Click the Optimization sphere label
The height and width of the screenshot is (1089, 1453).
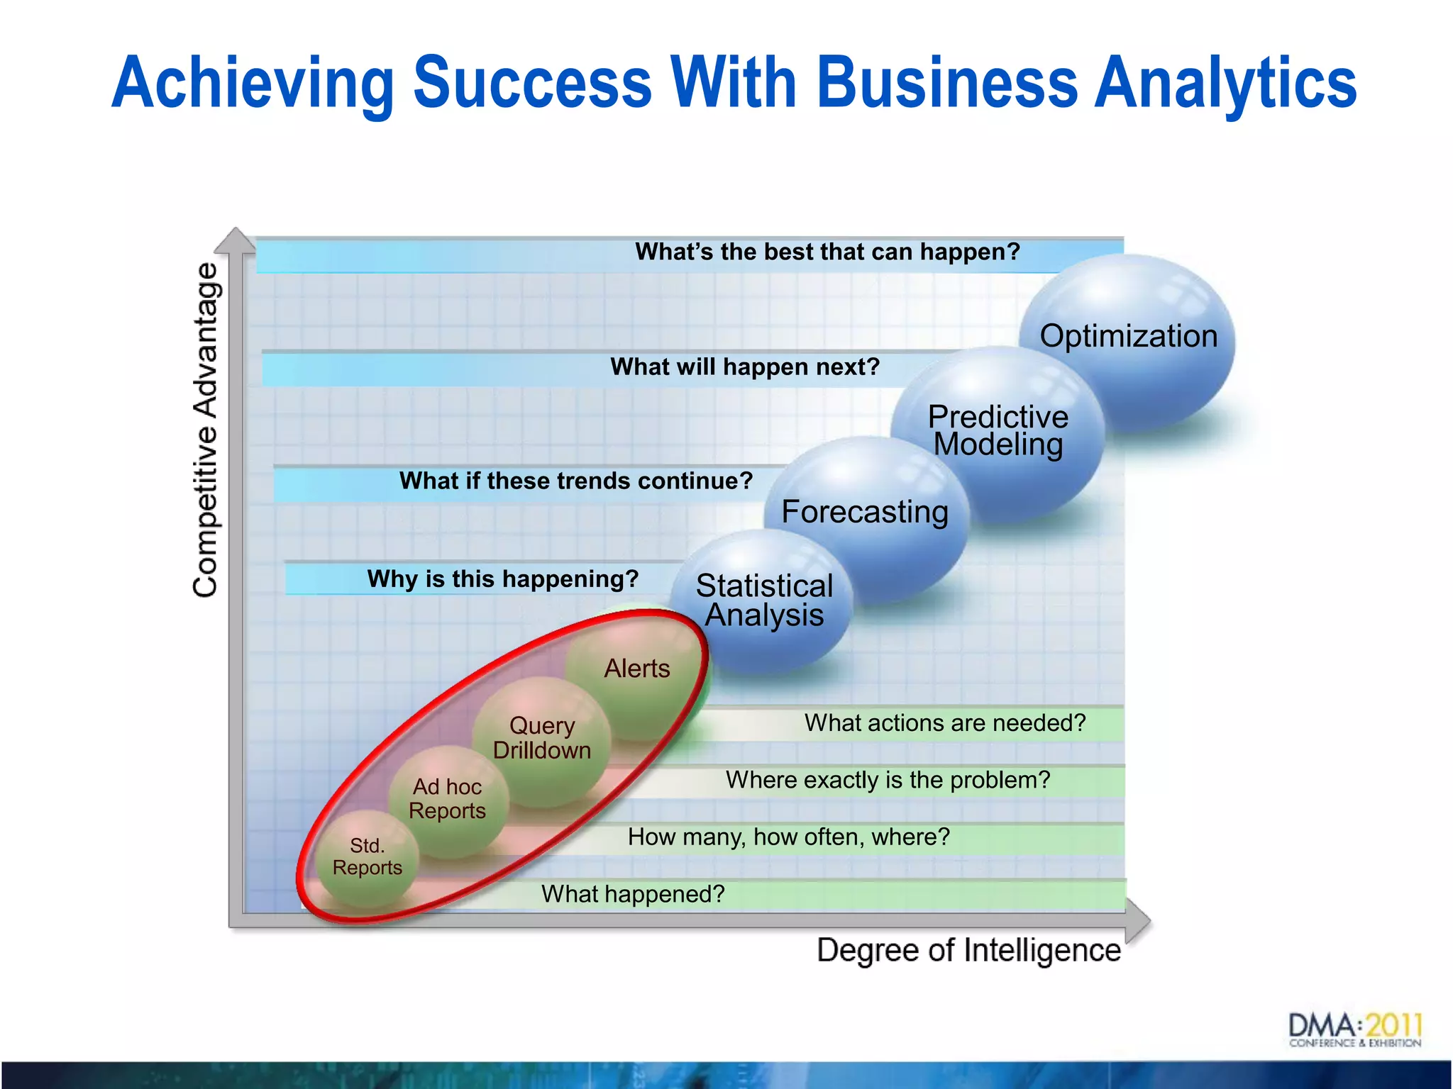pyautogui.click(x=1128, y=336)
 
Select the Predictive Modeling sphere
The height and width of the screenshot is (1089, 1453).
pyautogui.click(x=998, y=430)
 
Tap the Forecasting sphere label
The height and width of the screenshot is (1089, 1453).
pyautogui.click(x=864, y=511)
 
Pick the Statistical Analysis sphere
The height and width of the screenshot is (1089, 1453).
pyautogui.click(x=763, y=600)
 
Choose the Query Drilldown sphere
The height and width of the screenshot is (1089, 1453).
pyautogui.click(x=542, y=738)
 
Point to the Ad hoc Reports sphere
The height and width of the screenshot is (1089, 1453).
pyautogui.click(x=447, y=798)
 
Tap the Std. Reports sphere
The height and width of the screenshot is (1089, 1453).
pyautogui.click(x=367, y=856)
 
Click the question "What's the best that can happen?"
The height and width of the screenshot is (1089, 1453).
pyautogui.click(x=827, y=252)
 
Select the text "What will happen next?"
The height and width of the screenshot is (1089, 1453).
pyautogui.click(x=745, y=367)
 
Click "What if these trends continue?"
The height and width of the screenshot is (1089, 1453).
pyautogui.click(x=575, y=481)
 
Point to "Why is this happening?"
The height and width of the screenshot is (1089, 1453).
pyautogui.click(x=503, y=579)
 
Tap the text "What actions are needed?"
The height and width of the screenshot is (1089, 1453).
pyautogui.click(x=945, y=722)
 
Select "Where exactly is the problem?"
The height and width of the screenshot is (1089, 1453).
pyautogui.click(x=888, y=780)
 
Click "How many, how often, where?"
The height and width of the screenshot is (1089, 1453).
pyautogui.click(x=788, y=837)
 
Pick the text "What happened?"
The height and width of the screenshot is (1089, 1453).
pyautogui.click(x=633, y=894)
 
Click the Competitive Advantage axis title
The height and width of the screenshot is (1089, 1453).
pyautogui.click(x=206, y=430)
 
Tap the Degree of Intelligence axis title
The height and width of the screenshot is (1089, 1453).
pyautogui.click(x=968, y=950)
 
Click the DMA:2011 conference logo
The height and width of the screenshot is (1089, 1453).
pyautogui.click(x=1354, y=1030)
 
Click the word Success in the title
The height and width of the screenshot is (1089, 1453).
pyautogui.click(x=532, y=83)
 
